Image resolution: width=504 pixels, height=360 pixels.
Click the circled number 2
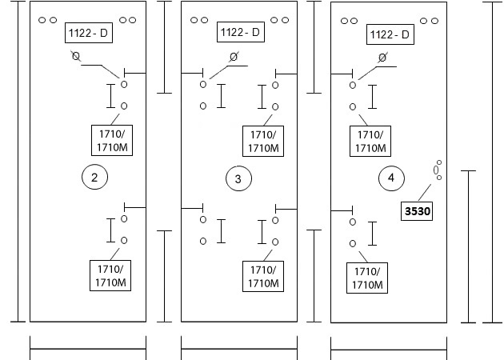[x=94, y=177]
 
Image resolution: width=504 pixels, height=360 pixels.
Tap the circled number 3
[x=238, y=178]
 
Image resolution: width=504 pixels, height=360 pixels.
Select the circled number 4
[x=391, y=178]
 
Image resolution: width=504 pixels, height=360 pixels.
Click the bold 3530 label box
[x=417, y=211]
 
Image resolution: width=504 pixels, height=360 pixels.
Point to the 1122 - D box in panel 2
[x=89, y=33]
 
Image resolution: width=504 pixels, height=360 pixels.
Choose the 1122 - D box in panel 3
[x=241, y=32]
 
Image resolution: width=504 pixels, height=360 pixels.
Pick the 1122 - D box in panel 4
[x=390, y=34]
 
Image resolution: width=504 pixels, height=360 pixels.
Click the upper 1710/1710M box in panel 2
[x=112, y=141]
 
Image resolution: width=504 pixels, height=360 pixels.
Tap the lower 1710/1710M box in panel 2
[x=110, y=275]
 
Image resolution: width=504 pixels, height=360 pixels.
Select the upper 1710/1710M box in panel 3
[x=263, y=141]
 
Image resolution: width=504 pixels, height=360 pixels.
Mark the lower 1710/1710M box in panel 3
[x=263, y=277]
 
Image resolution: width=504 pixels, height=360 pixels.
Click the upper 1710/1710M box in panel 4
[x=370, y=141]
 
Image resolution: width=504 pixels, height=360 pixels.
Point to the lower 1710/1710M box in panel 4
[x=367, y=278]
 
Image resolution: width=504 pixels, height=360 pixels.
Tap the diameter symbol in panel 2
[x=76, y=56]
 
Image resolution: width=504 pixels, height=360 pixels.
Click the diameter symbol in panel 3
[x=234, y=57]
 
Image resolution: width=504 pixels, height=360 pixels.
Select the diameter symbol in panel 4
[x=382, y=58]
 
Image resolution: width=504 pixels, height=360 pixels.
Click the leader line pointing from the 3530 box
[x=425, y=193]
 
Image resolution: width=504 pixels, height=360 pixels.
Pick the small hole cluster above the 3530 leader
[x=438, y=170]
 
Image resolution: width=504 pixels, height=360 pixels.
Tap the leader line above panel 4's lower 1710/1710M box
[x=363, y=257]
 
